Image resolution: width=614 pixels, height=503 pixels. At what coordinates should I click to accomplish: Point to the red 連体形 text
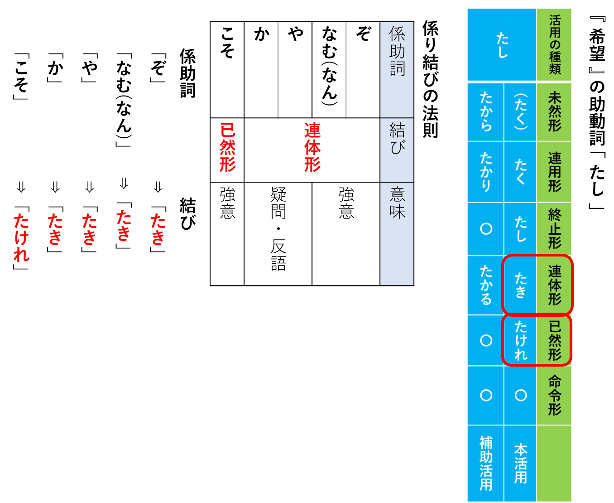312,147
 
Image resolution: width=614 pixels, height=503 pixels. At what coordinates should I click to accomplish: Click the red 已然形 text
227,147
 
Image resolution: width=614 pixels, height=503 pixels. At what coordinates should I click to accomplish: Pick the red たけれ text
21,237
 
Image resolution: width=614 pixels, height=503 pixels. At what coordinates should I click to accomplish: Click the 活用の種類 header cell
555,44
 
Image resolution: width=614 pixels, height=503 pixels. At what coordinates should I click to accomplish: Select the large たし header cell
502,45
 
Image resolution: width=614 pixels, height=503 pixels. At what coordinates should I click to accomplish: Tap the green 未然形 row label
555,111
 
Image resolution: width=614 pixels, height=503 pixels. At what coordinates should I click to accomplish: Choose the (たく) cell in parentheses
520,111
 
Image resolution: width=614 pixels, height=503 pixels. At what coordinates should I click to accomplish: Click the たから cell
486,111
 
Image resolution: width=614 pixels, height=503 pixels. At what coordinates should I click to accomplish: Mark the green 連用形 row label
555,172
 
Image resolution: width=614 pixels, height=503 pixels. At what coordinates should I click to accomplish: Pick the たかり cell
486,172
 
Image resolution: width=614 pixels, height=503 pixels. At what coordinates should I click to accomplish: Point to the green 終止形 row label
555,228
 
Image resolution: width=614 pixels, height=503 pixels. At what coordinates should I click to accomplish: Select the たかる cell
486,285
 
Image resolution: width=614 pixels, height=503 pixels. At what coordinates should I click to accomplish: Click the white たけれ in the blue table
520,340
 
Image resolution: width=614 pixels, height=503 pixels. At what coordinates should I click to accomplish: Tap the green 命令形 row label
555,395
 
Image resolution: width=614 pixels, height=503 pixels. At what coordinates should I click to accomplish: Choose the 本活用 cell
520,463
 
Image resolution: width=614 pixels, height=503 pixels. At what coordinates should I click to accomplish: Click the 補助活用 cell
486,463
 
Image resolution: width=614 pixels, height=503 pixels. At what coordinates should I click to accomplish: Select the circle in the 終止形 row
486,229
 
